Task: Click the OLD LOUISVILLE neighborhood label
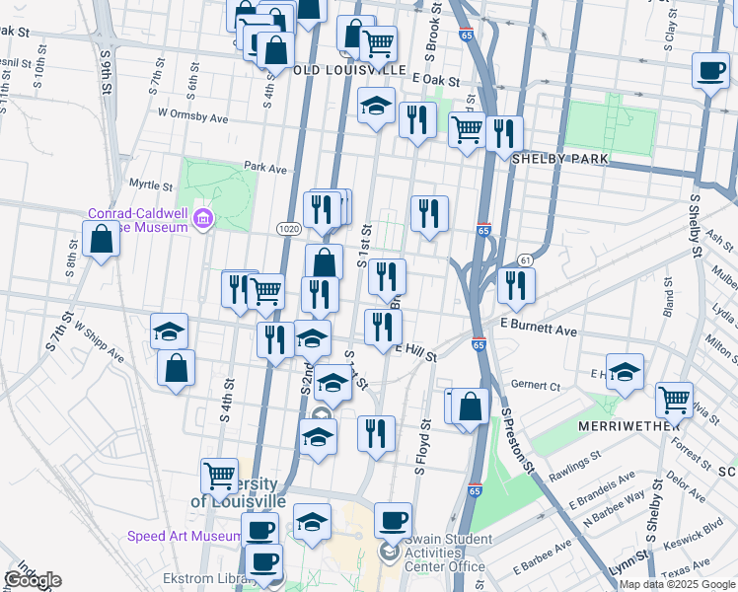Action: click(350, 71)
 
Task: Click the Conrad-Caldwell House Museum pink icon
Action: click(203, 217)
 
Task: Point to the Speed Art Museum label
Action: click(184, 536)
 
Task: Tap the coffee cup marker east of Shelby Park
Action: click(710, 70)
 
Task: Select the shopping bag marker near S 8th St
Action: click(101, 238)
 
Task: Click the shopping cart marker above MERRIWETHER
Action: click(674, 399)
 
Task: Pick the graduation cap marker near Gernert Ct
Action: click(625, 371)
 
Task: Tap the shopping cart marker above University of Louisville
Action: click(219, 475)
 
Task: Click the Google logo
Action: click(33, 580)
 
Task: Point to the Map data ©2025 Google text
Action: click(676, 584)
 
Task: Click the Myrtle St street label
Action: click(151, 185)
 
